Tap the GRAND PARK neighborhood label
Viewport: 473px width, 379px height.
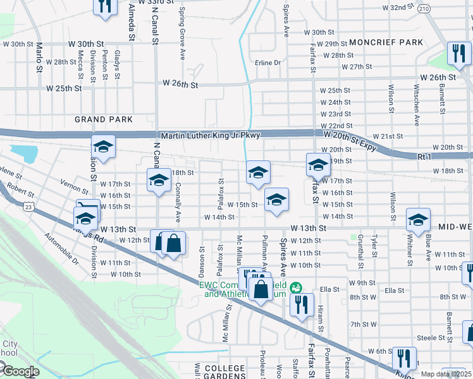click(104, 119)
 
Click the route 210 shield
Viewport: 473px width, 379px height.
click(424, 8)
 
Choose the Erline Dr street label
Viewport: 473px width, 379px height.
click(267, 63)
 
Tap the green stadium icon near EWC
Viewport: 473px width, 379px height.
click(295, 288)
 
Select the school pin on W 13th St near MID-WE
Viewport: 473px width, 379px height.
click(418, 219)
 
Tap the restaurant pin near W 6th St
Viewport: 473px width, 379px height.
click(404, 358)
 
